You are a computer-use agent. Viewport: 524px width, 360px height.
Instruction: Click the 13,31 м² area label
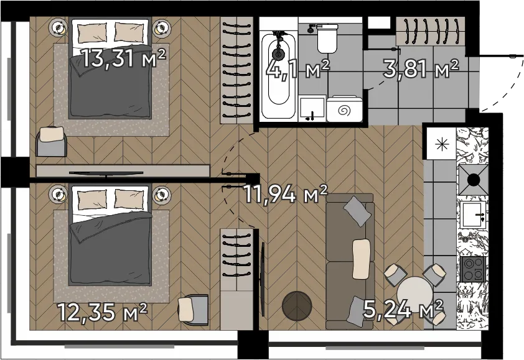click(x=124, y=58)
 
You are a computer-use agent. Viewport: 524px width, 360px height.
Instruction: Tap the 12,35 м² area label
click(x=103, y=312)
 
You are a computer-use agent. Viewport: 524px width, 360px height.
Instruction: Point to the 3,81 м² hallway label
click(x=421, y=69)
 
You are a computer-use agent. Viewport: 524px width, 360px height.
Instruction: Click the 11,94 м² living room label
click(x=286, y=194)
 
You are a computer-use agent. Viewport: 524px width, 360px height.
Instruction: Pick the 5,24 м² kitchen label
click(x=403, y=309)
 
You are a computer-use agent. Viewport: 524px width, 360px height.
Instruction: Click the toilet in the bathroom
click(x=327, y=38)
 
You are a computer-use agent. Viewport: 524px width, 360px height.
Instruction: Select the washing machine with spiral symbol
click(x=345, y=109)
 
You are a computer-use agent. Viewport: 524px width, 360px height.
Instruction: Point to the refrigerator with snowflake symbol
click(x=440, y=143)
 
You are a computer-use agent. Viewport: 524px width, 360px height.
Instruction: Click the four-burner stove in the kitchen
click(x=473, y=269)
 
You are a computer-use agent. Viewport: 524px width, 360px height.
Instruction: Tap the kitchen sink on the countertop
click(x=474, y=215)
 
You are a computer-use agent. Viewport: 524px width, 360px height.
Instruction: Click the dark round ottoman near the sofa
click(x=297, y=305)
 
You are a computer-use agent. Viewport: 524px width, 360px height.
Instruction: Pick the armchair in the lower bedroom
click(x=194, y=308)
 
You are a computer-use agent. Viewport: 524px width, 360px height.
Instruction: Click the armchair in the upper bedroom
click(x=52, y=141)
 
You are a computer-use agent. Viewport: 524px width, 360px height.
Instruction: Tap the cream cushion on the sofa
click(x=362, y=259)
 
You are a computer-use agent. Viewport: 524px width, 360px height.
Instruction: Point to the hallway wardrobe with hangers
click(x=430, y=31)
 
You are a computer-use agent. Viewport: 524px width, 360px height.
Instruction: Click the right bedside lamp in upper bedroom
click(x=162, y=28)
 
